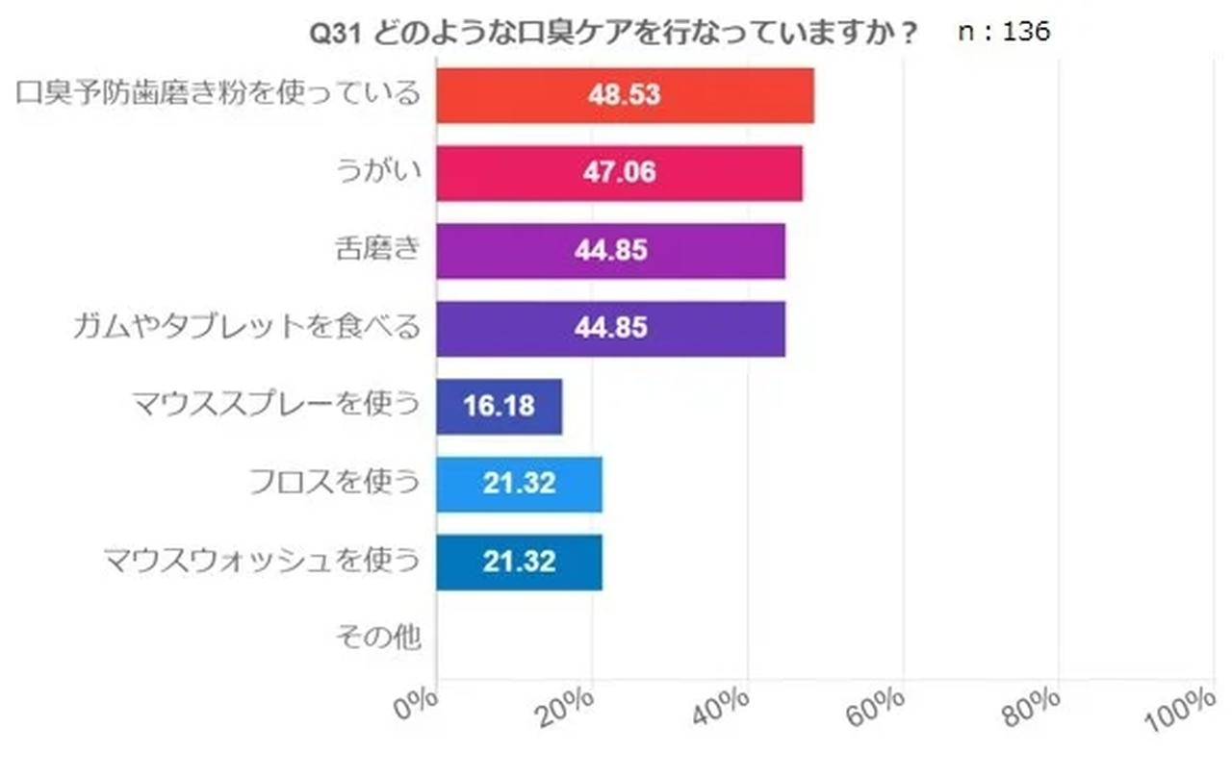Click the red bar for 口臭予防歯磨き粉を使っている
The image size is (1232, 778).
tap(625, 95)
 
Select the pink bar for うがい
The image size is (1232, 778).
tap(619, 173)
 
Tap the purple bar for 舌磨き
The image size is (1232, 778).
tap(610, 251)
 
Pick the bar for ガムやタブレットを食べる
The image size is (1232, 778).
tap(610, 329)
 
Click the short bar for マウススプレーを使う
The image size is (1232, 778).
tap(499, 407)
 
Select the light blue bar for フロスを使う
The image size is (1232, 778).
tap(519, 485)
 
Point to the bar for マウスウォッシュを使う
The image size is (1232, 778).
tap(519, 563)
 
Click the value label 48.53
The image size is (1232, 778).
tap(625, 95)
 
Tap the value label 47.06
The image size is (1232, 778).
tap(619, 173)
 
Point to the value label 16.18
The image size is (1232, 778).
tap(499, 407)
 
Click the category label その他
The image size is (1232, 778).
tap(378, 637)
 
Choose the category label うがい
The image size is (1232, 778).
tap(378, 170)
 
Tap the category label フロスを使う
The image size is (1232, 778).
tap(334, 482)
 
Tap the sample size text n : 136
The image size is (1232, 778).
tap(1004, 32)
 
